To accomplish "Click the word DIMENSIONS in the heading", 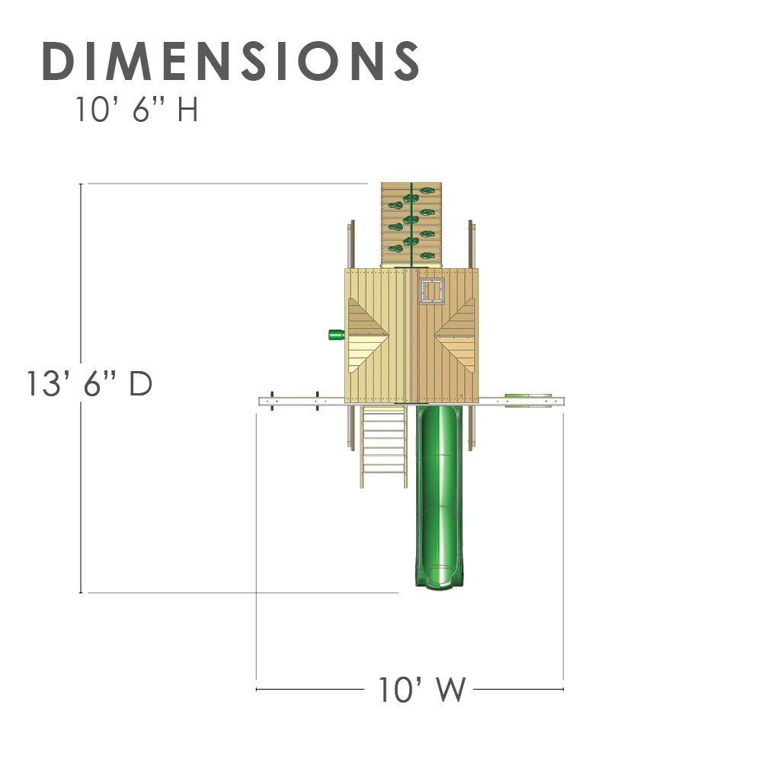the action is pyautogui.click(x=231, y=61).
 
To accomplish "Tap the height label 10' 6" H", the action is pyautogui.click(x=136, y=109).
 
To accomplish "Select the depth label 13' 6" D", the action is pyautogui.click(x=89, y=383).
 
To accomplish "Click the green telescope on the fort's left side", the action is pyautogui.click(x=336, y=335).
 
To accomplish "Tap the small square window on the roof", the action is pyautogui.click(x=431, y=292).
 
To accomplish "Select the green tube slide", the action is pyautogui.click(x=440, y=496).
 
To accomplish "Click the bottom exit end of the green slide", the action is pyautogui.click(x=440, y=581).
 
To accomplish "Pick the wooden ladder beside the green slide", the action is pyautogui.click(x=383, y=446).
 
